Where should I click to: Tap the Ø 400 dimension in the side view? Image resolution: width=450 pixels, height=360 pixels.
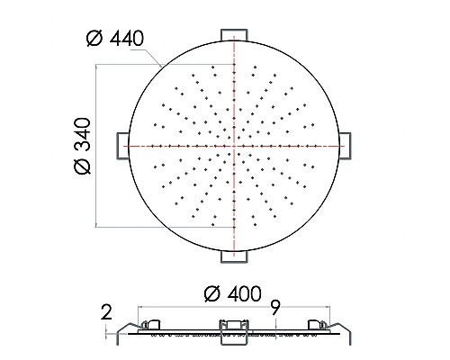pyautogui.click(x=233, y=293)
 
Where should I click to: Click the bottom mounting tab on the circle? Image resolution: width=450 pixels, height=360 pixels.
pyautogui.click(x=235, y=256)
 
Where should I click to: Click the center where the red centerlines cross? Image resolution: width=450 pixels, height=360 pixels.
pyautogui.click(x=235, y=145)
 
